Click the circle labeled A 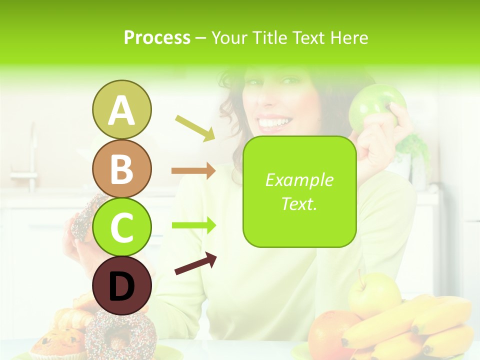coord(121,109)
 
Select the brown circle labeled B coord(121,168)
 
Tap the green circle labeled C coord(121,227)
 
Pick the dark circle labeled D coord(121,286)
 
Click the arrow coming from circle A coord(194,127)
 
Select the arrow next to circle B coord(193,170)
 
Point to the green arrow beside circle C coord(193,225)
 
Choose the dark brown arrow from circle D coord(195,264)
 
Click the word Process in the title coord(157,37)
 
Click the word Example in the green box coord(299,180)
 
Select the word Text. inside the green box coord(299,203)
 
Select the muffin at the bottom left coord(57,342)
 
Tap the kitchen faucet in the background coord(31,160)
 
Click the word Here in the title coord(349,37)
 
